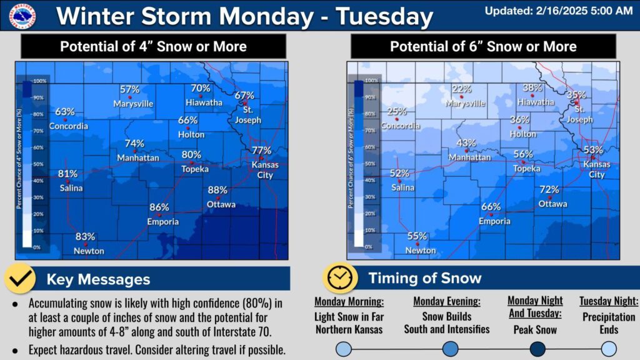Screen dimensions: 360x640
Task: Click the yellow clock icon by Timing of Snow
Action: tap(340, 277)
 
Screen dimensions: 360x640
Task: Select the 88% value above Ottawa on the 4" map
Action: tap(217, 190)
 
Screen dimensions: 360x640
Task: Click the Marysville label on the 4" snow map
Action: tap(133, 104)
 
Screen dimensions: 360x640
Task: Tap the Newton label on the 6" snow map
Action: tap(421, 251)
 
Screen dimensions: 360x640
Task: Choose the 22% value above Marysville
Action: tap(461, 89)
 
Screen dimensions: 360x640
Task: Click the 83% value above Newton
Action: tap(86, 237)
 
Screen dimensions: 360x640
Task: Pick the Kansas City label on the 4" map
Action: tap(265, 170)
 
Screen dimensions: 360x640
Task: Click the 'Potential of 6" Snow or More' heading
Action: tap(483, 46)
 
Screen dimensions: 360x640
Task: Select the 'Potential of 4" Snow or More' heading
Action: tap(153, 46)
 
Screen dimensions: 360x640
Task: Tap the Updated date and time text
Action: tap(559, 11)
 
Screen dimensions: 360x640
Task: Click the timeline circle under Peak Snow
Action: tap(536, 348)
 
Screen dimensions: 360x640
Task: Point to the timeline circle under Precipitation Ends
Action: tap(609, 348)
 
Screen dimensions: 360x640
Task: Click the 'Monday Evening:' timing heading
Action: tap(446, 301)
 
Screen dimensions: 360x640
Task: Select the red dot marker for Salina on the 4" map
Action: tap(67, 181)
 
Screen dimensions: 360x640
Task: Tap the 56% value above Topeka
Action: tap(523, 154)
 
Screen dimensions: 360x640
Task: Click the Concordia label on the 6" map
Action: tap(401, 126)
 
